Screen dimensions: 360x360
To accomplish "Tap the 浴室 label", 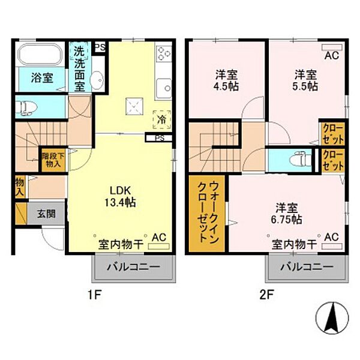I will click(x=42, y=78).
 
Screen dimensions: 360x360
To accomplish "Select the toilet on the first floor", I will click(x=26, y=107).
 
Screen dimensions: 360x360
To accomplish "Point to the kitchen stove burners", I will click(x=164, y=55).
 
